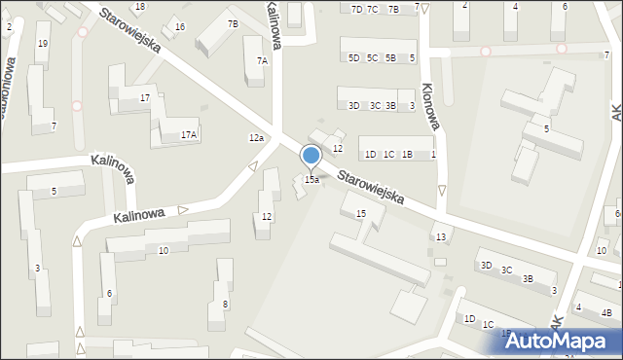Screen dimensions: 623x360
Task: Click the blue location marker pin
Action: pyautogui.click(x=311, y=156)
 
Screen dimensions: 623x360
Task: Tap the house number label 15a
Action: pyautogui.click(x=311, y=180)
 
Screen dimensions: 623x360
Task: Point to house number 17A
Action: pyautogui.click(x=189, y=135)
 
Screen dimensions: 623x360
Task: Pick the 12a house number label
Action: pyautogui.click(x=256, y=138)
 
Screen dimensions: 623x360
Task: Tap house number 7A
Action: pyautogui.click(x=262, y=60)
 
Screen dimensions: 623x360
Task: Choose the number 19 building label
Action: pyautogui.click(x=42, y=44)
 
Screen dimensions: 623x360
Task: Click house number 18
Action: pyautogui.click(x=140, y=7)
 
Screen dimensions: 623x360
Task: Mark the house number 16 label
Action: pyautogui.click(x=180, y=26)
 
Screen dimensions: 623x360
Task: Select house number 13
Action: pyautogui.click(x=441, y=237)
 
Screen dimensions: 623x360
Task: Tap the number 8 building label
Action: pyautogui.click(x=226, y=305)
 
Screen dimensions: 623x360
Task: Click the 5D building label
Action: pyautogui.click(x=353, y=58)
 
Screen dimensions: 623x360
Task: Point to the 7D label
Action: pyautogui.click(x=356, y=9)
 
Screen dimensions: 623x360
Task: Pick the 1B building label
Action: pyautogui.click(x=408, y=155)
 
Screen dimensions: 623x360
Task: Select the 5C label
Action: pyautogui.click(x=372, y=58)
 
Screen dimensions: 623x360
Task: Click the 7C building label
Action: pyautogui.click(x=373, y=9)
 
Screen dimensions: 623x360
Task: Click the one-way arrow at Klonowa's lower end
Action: pyautogui.click(x=441, y=191)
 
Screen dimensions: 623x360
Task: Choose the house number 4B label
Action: pyautogui.click(x=606, y=312)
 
